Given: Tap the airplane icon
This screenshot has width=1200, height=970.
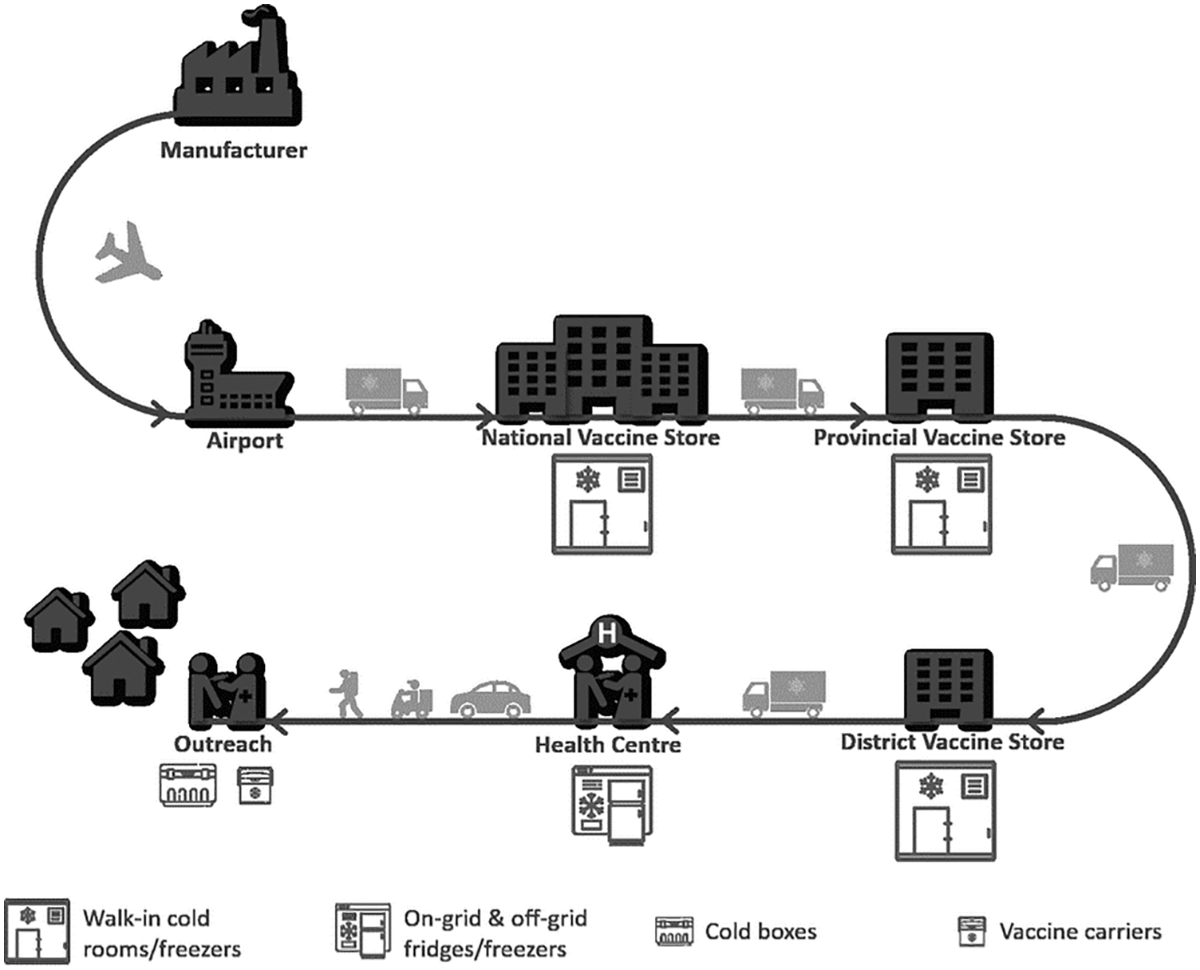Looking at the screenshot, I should click(x=128, y=254).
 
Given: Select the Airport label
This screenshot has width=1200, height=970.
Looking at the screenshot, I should click(x=244, y=441).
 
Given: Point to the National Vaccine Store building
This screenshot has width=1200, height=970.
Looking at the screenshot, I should click(x=602, y=368).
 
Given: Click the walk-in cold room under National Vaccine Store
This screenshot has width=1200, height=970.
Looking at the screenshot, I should click(x=602, y=504).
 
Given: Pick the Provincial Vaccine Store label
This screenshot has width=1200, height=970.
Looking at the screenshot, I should click(x=939, y=437).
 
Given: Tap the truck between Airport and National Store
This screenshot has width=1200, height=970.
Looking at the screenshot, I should click(x=386, y=391).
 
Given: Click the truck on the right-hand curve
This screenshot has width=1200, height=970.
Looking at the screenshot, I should click(x=1132, y=567).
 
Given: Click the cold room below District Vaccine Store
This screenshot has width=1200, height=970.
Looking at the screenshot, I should click(x=945, y=810).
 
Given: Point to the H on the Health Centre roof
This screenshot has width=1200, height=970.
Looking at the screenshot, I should click(x=607, y=633).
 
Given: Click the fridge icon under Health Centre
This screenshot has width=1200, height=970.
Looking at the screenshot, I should click(x=612, y=804).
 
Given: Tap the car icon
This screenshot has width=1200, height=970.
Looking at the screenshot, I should click(x=490, y=699).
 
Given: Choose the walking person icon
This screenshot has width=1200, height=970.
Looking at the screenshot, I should click(x=346, y=694).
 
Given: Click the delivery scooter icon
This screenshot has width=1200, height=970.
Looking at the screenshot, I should click(x=412, y=699).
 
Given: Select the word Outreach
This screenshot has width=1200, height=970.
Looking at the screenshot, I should click(x=223, y=744).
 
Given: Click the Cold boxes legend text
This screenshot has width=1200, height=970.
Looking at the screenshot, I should click(x=760, y=932).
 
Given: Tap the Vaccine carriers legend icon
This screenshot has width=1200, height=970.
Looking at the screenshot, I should click(x=972, y=931).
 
